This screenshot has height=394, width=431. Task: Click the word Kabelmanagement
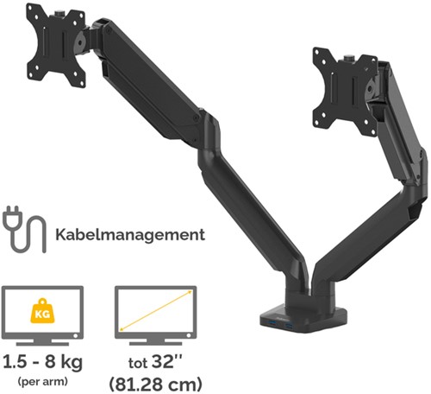(x=130, y=234)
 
